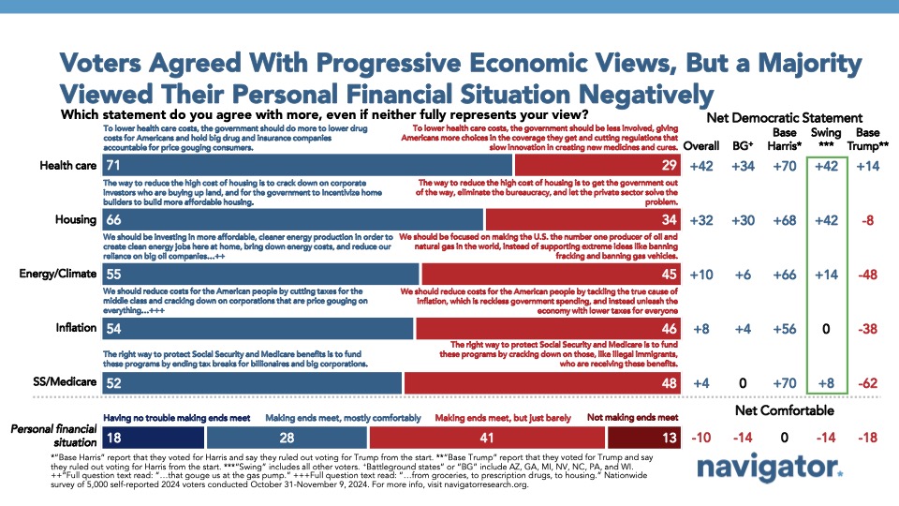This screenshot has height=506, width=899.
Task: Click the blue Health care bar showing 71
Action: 307,165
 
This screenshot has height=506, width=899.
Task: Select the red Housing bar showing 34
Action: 582,219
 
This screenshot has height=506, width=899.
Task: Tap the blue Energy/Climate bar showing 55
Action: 260,275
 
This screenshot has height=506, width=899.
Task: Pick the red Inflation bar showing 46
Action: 548,329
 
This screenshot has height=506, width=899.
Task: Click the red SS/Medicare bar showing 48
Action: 542,383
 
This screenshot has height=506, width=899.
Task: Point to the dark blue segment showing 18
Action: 153,438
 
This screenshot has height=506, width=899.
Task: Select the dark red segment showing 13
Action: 644,438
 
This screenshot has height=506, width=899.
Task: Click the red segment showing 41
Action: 487,438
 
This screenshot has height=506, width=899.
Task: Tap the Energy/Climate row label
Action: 58,274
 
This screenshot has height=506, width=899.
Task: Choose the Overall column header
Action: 701,146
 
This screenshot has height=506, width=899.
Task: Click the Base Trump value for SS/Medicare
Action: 867,383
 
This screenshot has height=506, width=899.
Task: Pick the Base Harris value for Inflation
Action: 785,329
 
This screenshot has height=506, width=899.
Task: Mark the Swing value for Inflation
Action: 826,329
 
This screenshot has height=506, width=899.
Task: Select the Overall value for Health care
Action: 701,166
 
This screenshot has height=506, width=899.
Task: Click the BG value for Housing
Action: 743,220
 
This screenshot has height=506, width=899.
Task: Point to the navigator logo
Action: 770,467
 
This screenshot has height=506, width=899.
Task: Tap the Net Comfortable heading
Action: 785,410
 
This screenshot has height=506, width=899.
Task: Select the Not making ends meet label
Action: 632,418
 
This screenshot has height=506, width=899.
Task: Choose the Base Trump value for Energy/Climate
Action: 867,275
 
